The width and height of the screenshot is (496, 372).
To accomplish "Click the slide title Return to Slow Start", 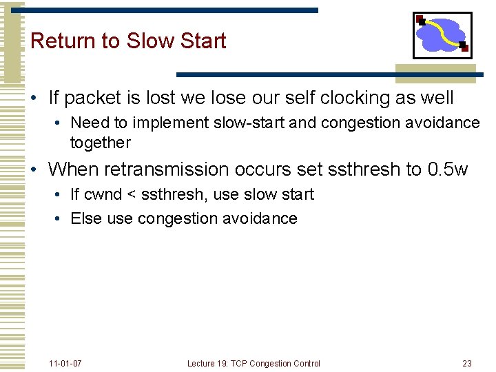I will tap(128, 41).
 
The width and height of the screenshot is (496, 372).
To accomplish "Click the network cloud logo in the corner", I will tap(442, 35).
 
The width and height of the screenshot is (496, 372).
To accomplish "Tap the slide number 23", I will tap(467, 363).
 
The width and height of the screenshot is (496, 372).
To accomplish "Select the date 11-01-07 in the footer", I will tap(65, 363).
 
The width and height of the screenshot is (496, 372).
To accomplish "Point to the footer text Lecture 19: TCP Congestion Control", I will tap(254, 363).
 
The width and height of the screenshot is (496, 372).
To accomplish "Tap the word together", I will tap(100, 143).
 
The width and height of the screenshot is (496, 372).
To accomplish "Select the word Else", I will tap(86, 219).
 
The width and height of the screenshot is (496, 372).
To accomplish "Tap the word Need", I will tap(86, 123).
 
